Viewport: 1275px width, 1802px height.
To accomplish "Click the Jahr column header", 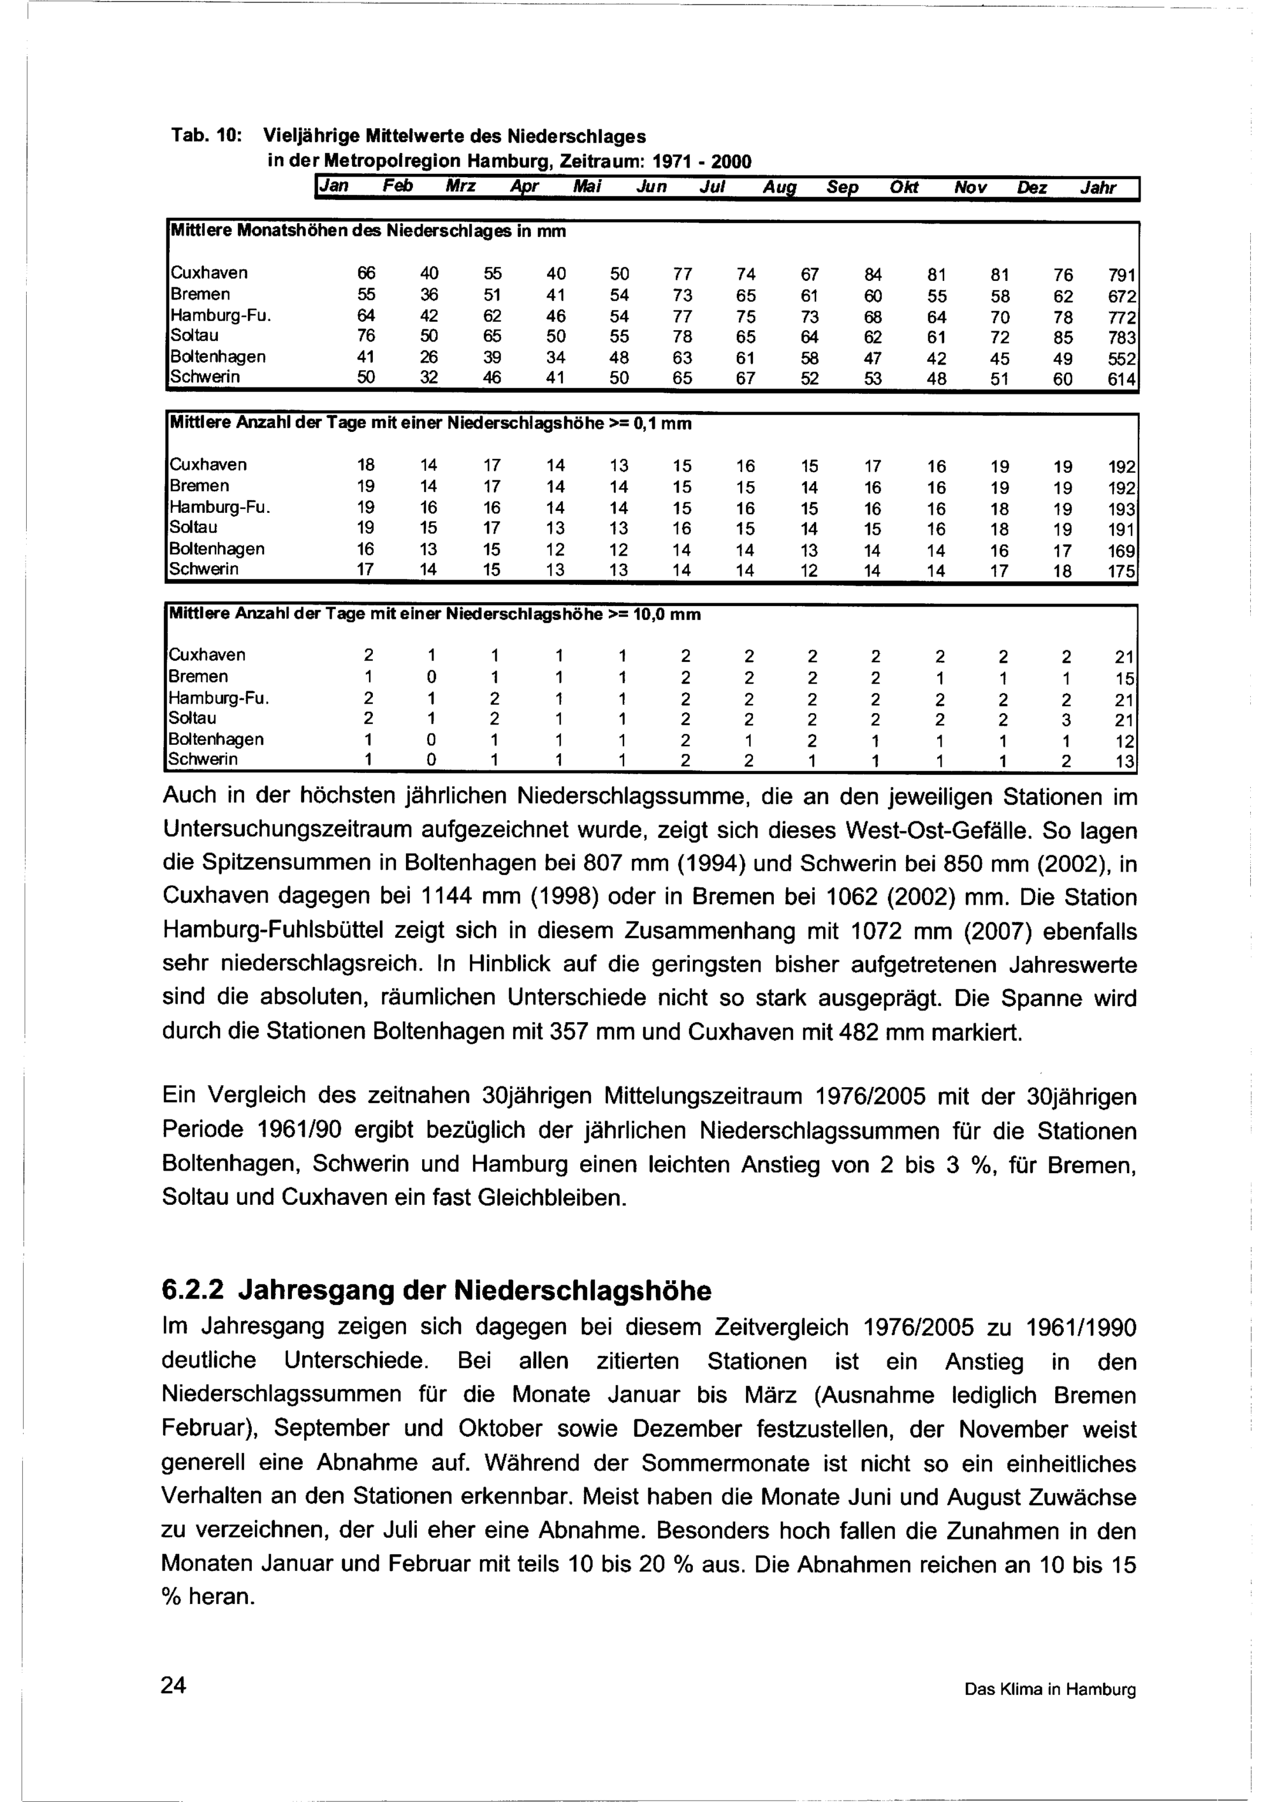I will (x=1098, y=189).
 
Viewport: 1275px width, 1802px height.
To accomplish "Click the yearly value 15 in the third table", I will (x=1125, y=678).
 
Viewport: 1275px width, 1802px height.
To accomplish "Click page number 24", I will (x=173, y=1684).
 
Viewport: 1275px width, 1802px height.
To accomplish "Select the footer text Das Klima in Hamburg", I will (x=1050, y=1689).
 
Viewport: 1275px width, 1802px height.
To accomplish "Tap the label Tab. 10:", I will (x=205, y=136).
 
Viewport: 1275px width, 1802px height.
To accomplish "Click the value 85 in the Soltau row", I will (x=1063, y=338).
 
